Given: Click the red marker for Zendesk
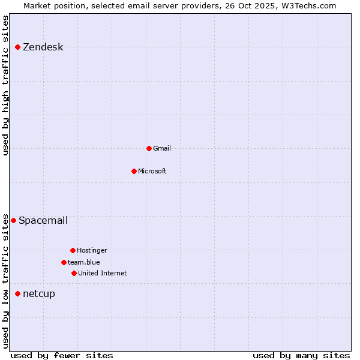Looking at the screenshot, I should pyautogui.click(x=18, y=47).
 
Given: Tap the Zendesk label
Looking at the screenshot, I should pyautogui.click(x=43, y=47).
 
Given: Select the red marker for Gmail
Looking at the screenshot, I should pyautogui.click(x=149, y=148).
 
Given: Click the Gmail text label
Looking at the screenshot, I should pyautogui.click(x=162, y=148).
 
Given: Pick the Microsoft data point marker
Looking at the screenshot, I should pyautogui.click(x=134, y=171).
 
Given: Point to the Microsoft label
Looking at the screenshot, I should pyautogui.click(x=152, y=171).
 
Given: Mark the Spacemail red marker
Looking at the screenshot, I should pyautogui.click(x=14, y=220).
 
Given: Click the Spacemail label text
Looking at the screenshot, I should pyautogui.click(x=43, y=220).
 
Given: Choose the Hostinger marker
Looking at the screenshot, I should pyautogui.click(x=73, y=250).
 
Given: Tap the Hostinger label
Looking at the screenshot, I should pyautogui.click(x=92, y=250).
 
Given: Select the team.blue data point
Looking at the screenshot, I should pyautogui.click(x=64, y=262).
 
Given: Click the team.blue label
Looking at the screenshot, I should pyautogui.click(x=84, y=262).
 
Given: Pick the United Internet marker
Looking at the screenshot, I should pyautogui.click(x=74, y=273).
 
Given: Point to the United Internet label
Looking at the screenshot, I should pyautogui.click(x=103, y=273).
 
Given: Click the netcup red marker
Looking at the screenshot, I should pyautogui.click(x=18, y=293).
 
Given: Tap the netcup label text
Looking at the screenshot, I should pyautogui.click(x=39, y=293).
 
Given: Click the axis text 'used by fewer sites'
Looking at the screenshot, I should pyautogui.click(x=62, y=355).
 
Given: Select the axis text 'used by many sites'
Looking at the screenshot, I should pyautogui.click(x=301, y=355).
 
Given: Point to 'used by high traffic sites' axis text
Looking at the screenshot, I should pyautogui.click(x=5, y=85).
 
